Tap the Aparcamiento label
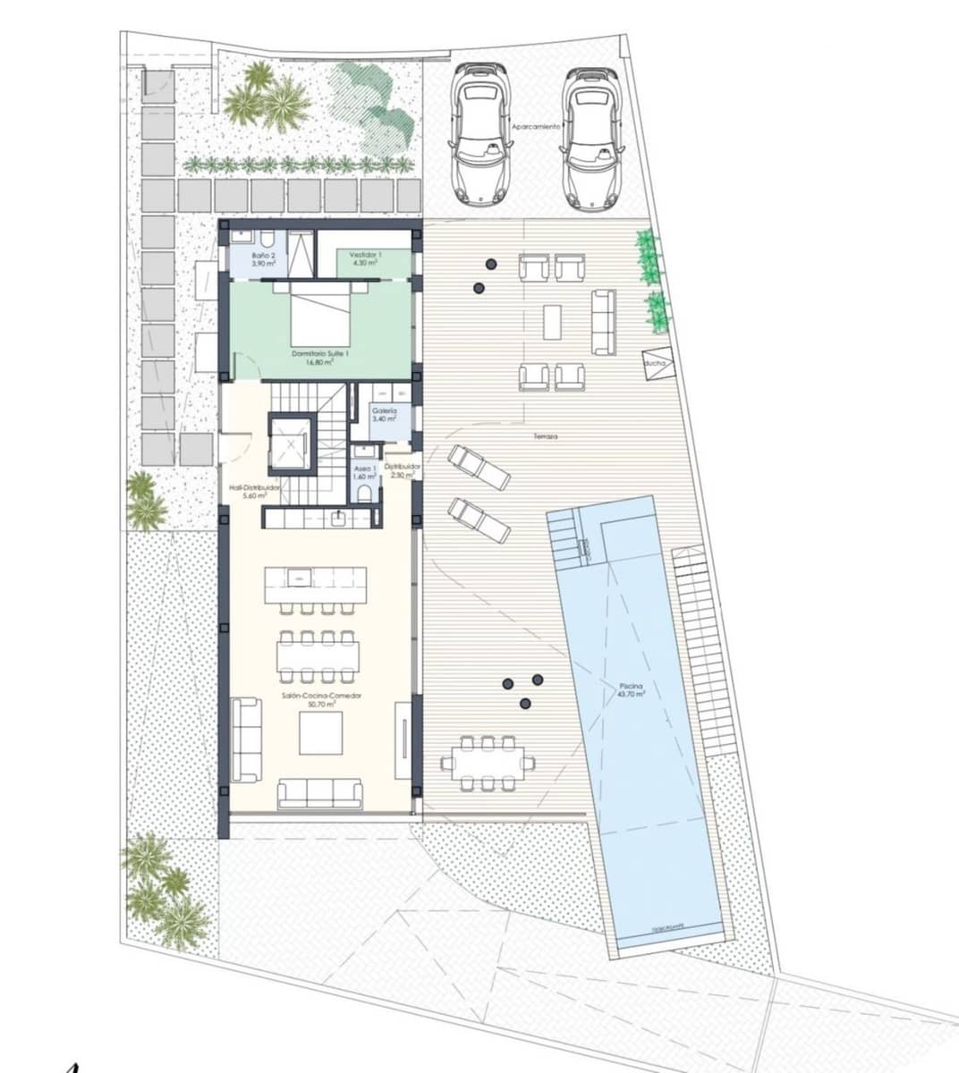536,127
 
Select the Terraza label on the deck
545,436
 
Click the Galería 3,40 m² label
385,414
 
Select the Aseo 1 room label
362,471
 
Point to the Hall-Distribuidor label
255,491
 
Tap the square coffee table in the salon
319,732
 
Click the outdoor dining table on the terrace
487,763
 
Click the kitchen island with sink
315,584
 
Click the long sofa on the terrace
603,321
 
